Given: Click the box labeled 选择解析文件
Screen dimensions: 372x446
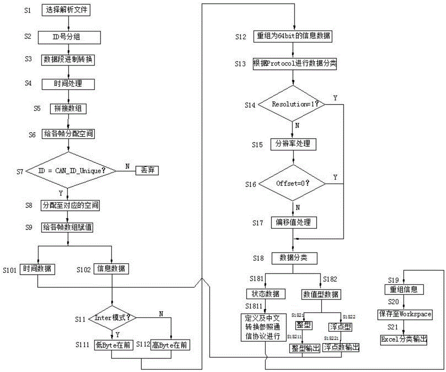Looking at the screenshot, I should point(67,10).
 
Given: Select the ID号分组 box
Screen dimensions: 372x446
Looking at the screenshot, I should point(67,37).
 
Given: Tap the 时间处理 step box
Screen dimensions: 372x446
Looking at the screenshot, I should point(68,83).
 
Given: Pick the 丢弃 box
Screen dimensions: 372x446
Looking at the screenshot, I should point(147,171).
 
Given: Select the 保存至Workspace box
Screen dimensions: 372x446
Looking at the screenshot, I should point(406,314).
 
